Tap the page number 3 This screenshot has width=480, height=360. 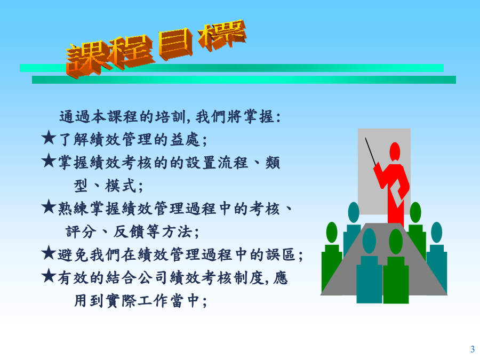[x=473, y=349]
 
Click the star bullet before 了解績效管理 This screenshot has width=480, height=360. [x=49, y=138]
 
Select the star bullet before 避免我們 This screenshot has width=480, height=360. [x=49, y=253]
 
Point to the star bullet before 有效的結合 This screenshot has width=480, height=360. [x=49, y=276]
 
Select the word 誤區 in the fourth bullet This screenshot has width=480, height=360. [x=281, y=255]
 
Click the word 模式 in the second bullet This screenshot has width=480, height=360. [x=120, y=186]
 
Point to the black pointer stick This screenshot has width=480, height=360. [x=371, y=152]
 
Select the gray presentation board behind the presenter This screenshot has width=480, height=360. [x=384, y=171]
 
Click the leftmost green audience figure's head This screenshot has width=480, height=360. [x=332, y=233]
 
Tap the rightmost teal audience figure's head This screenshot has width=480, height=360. [x=436, y=233]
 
